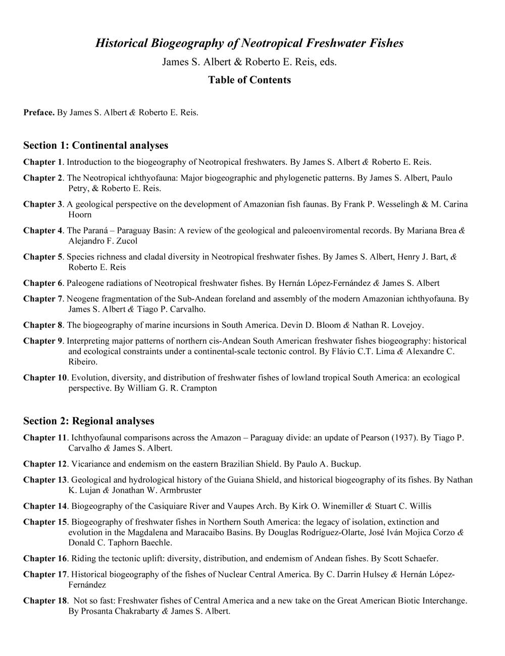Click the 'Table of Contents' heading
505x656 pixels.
tap(249, 80)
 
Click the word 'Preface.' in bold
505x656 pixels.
tap(39, 112)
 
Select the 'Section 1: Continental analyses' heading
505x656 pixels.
tap(95, 145)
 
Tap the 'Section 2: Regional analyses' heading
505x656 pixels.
tap(89, 421)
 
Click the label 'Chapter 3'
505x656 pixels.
tap(42, 204)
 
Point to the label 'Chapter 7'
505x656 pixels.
tap(42, 299)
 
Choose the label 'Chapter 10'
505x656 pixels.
tap(45, 377)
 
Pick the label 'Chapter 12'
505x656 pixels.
tap(45, 463)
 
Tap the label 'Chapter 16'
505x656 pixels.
tap(45, 558)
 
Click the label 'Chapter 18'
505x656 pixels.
tap(45, 601)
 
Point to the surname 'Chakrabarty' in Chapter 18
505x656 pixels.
tap(136, 611)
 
